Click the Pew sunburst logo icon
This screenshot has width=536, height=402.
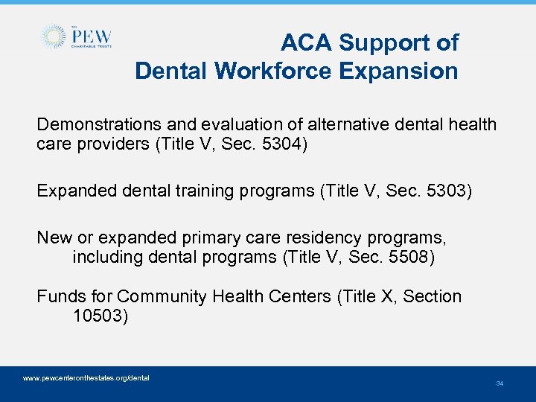click(54, 36)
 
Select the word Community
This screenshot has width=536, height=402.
click(162, 296)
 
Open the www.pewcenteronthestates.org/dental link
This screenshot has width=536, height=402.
click(86, 378)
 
